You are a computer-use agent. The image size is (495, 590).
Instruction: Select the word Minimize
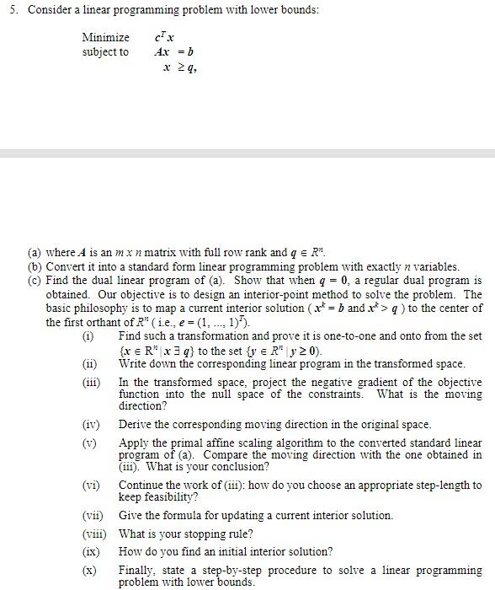coord(105,38)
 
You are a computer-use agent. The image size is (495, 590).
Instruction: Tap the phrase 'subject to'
coord(105,52)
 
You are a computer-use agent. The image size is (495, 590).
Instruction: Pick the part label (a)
coord(35,253)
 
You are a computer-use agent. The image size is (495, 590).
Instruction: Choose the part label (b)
coord(35,267)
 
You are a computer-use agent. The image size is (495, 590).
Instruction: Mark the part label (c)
coord(35,281)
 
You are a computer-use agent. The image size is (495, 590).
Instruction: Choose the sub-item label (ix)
coord(91,552)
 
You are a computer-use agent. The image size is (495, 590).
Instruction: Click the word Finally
coord(137,571)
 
